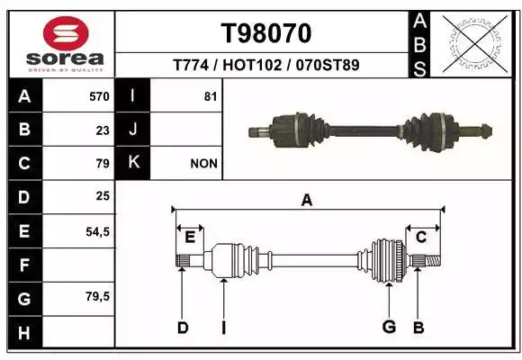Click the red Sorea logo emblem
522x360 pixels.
pos(66,33)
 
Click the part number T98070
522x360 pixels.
pos(266,33)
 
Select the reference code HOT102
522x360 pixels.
pos(252,65)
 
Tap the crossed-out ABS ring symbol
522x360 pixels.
pos(475,44)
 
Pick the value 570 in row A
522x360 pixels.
pos(99,96)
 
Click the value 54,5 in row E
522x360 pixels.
pos(97,231)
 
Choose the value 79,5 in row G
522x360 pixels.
pos(97,296)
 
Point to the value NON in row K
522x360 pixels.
pos(203,164)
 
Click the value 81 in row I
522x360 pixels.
pos(211,96)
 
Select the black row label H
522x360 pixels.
pos(24,333)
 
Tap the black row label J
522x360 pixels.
pos(132,130)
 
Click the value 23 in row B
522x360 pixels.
pos(103,130)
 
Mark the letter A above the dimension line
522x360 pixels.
pos(307,200)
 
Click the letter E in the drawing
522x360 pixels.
pos(190,237)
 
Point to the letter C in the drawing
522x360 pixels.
pos(421,237)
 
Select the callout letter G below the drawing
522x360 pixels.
pos(389,327)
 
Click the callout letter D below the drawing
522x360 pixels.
pos(183,328)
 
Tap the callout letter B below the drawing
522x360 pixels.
pos(418,328)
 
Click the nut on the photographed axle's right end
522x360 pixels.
pos(486,131)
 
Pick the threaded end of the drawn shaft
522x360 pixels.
pos(433,261)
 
